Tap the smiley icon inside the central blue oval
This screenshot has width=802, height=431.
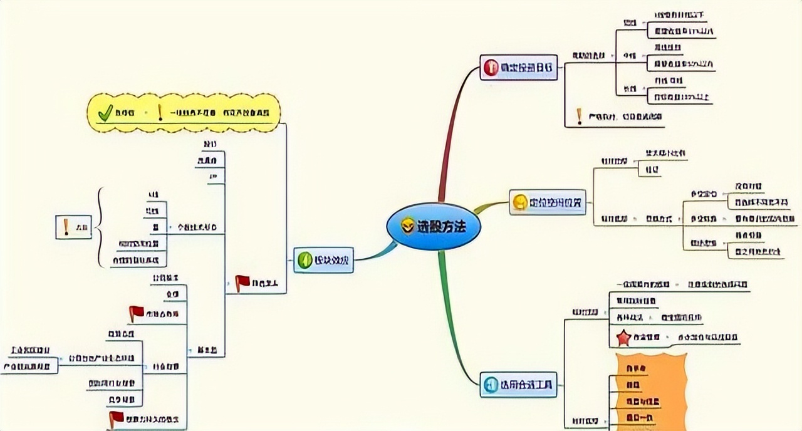(408, 227)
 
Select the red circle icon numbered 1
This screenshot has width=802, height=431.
(490, 68)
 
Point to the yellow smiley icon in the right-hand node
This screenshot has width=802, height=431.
(520, 202)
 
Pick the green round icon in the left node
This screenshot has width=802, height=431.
(305, 260)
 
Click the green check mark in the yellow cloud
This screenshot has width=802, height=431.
(105, 112)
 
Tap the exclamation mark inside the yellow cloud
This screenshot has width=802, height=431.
(160, 112)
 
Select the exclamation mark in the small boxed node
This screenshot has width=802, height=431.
(66, 226)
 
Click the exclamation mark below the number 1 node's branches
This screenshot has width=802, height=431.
(580, 117)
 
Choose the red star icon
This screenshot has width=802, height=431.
(623, 338)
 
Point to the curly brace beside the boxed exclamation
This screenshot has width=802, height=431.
(100, 227)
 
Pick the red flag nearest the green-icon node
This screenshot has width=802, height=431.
(242, 283)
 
